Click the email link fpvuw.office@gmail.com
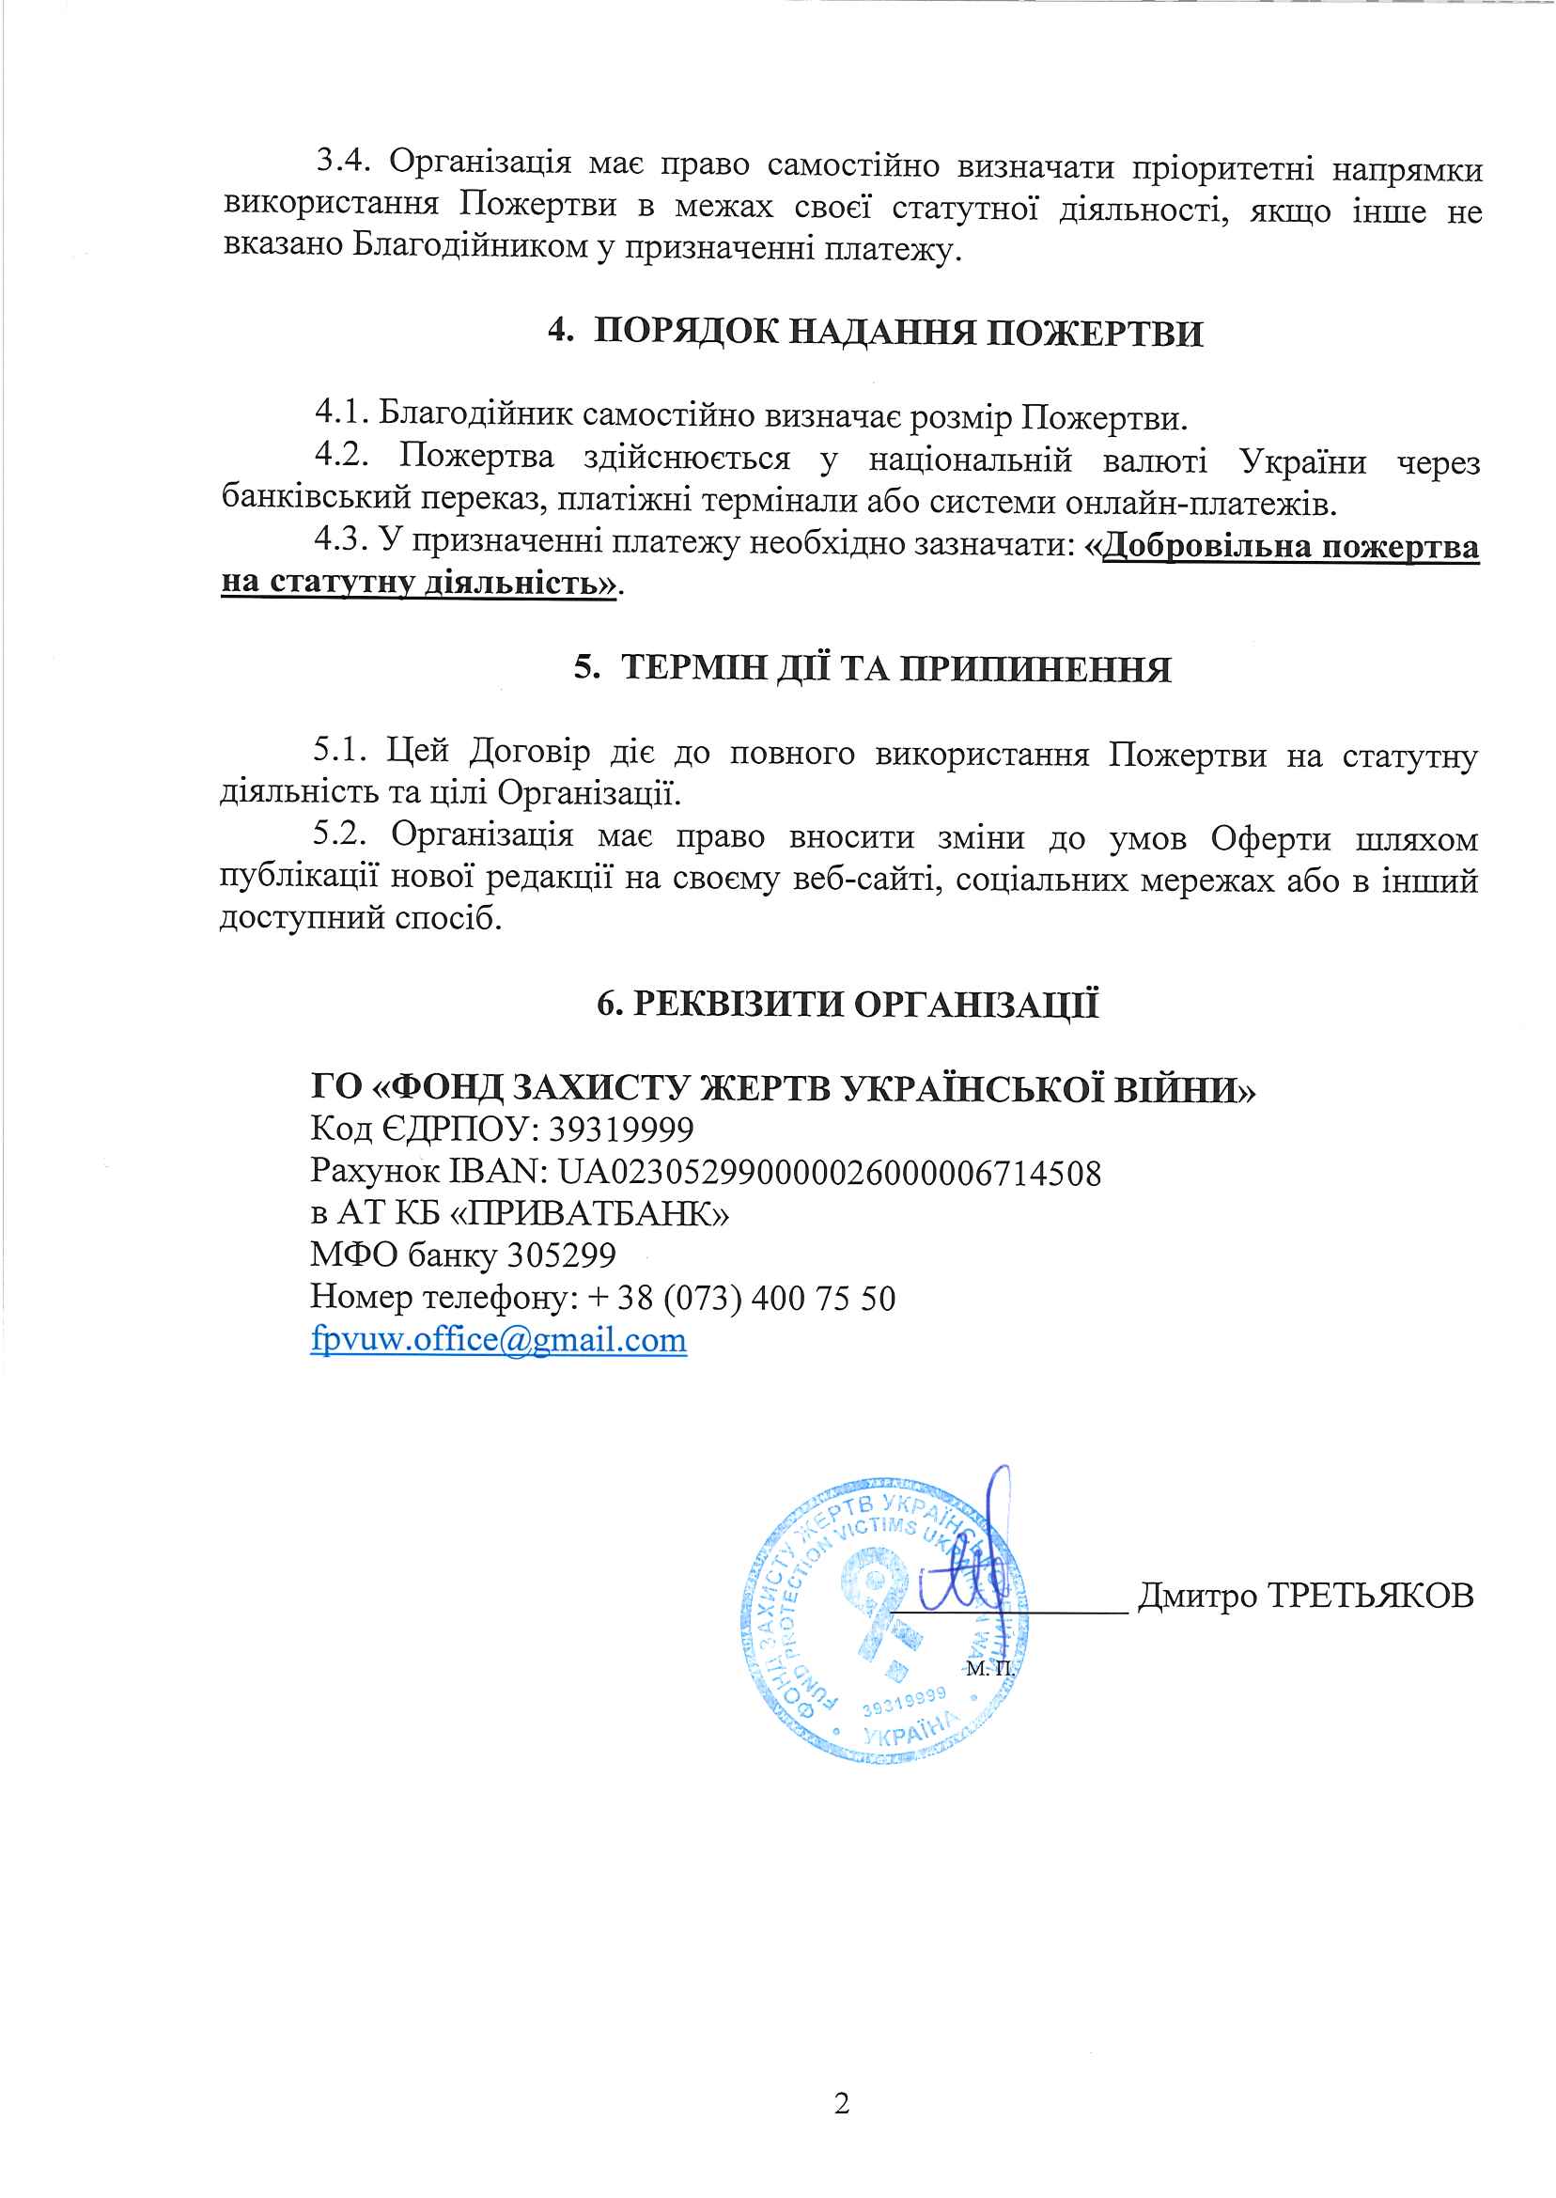pyautogui.click(x=498, y=1339)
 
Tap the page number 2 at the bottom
pyautogui.click(x=842, y=2105)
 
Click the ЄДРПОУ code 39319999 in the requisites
pyautogui.click(x=621, y=1130)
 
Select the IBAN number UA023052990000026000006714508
pyautogui.click(x=830, y=1173)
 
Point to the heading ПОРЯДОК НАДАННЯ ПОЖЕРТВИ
pyautogui.click(x=897, y=333)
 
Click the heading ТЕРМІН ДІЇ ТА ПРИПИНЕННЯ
pyautogui.click(x=895, y=669)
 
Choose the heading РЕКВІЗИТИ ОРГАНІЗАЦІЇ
pyautogui.click(x=866, y=1005)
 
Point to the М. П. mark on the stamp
pyautogui.click(x=989, y=1669)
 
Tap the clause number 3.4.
pyautogui.click(x=343, y=161)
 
